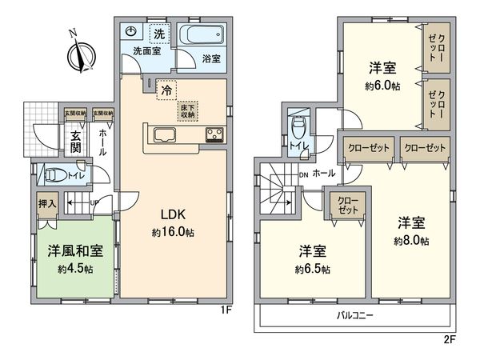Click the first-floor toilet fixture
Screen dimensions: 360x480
(57, 175)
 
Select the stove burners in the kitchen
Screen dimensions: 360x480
(215, 134)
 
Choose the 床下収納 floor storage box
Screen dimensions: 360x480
(188, 110)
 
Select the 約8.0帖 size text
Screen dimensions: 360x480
(410, 240)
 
